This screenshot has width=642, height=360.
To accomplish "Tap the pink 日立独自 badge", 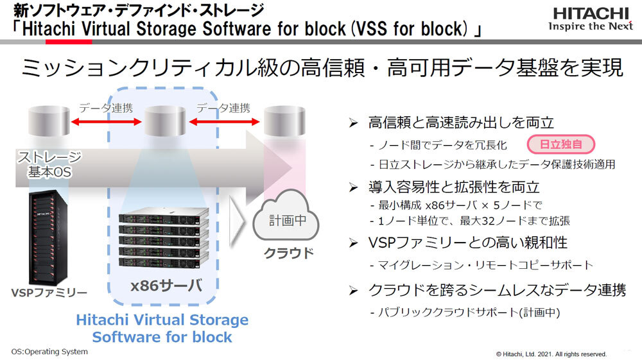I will tap(560, 144).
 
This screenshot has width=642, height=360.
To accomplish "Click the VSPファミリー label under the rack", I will tap(49, 293).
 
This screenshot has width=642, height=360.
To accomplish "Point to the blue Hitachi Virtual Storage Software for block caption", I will tap(162, 328).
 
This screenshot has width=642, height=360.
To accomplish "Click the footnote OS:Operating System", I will tap(49, 352).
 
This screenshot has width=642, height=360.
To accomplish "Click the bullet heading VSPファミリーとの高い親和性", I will tap(467, 243).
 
